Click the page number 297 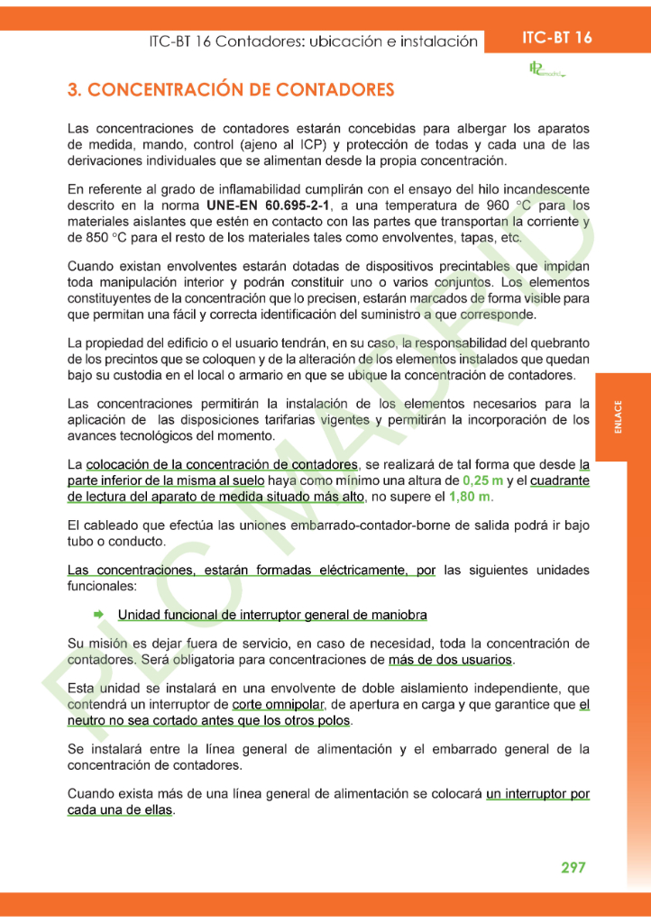[573, 867]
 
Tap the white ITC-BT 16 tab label [557, 38]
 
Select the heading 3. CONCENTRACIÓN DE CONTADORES [231, 90]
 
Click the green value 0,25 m [482, 480]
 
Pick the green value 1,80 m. [472, 497]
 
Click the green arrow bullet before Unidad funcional [98, 615]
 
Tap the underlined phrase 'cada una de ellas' [121, 809]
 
